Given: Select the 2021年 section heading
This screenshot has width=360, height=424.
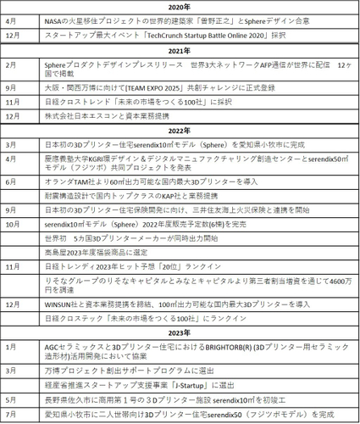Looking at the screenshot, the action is [180, 52].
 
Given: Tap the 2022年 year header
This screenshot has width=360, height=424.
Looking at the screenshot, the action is [180, 131].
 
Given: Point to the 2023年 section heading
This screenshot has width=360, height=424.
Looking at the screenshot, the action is [180, 332].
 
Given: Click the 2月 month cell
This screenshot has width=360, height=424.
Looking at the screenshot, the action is [10, 64].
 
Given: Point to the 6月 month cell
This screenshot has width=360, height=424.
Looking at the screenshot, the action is [10, 181].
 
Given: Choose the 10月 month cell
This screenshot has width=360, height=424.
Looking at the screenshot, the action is [12, 224].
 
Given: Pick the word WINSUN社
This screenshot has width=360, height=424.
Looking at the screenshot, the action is [61, 303].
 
